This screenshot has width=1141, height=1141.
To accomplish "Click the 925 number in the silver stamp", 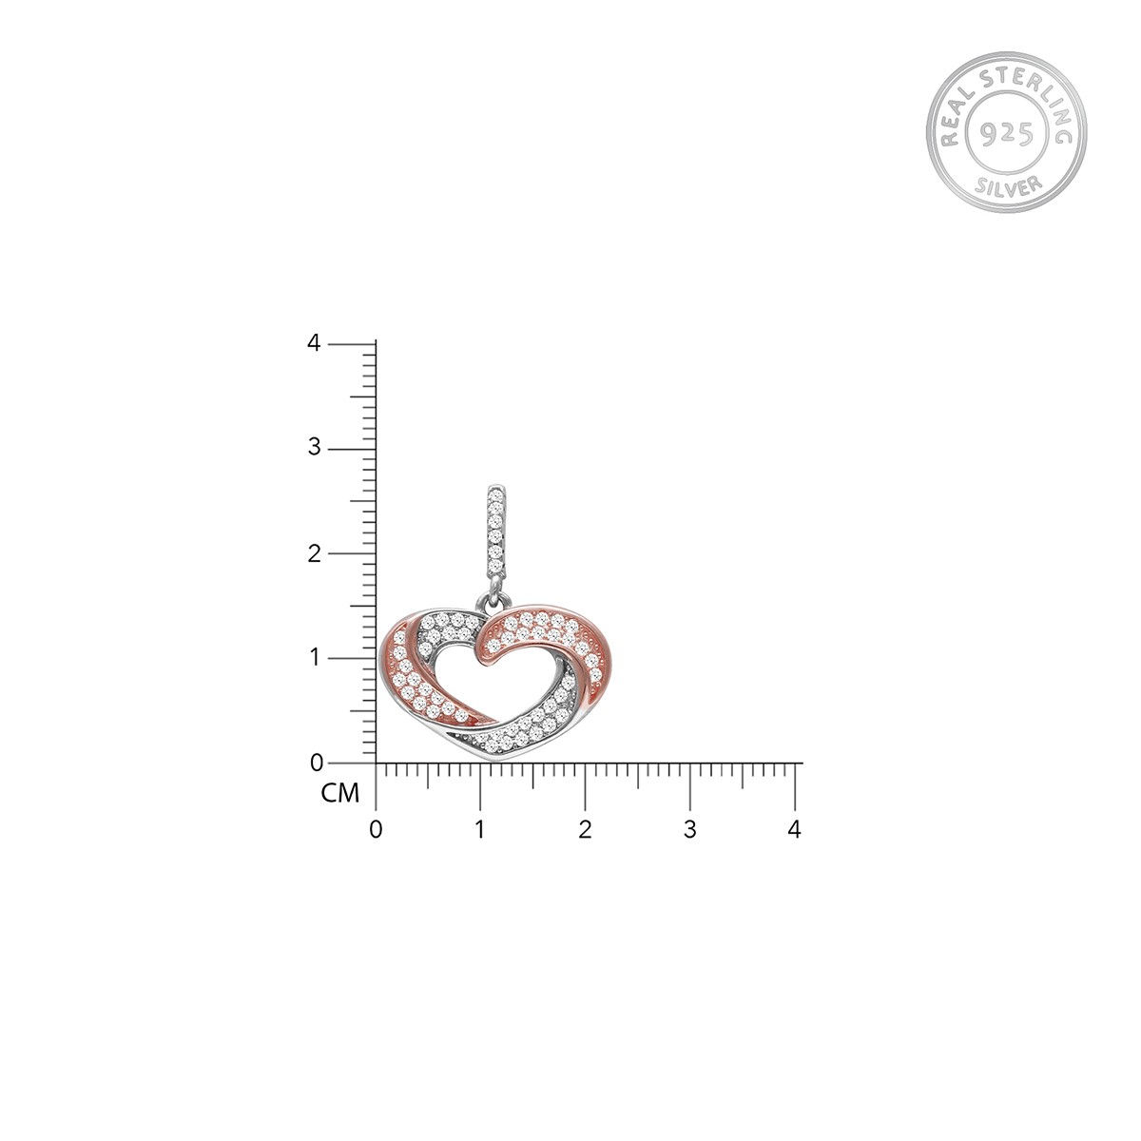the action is pyautogui.click(x=1007, y=134).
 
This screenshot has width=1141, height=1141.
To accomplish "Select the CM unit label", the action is pyautogui.click(x=339, y=793).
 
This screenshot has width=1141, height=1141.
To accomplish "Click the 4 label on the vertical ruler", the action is pyautogui.click(x=314, y=342).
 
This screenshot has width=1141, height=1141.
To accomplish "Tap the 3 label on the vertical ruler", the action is pyautogui.click(x=314, y=447).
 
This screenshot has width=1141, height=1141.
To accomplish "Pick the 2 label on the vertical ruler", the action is pyautogui.click(x=314, y=553).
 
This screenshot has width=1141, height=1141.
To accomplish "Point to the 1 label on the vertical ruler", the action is pyautogui.click(x=315, y=657).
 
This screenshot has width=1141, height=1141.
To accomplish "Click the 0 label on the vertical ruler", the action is pyautogui.click(x=317, y=764).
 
